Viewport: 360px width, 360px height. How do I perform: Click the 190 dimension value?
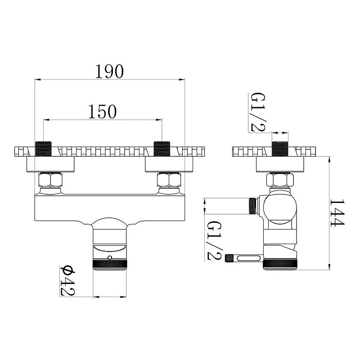(x=109, y=72)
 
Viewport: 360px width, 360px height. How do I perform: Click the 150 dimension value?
(x=103, y=112)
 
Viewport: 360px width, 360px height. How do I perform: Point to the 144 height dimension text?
(x=337, y=213)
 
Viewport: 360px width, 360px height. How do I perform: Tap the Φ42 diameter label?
(x=67, y=280)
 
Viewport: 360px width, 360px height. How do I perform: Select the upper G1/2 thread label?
(x=257, y=112)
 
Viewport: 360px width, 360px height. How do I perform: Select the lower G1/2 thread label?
(x=215, y=241)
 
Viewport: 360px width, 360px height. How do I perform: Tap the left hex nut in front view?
(x=50, y=180)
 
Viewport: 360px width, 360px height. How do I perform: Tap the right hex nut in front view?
(x=169, y=180)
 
